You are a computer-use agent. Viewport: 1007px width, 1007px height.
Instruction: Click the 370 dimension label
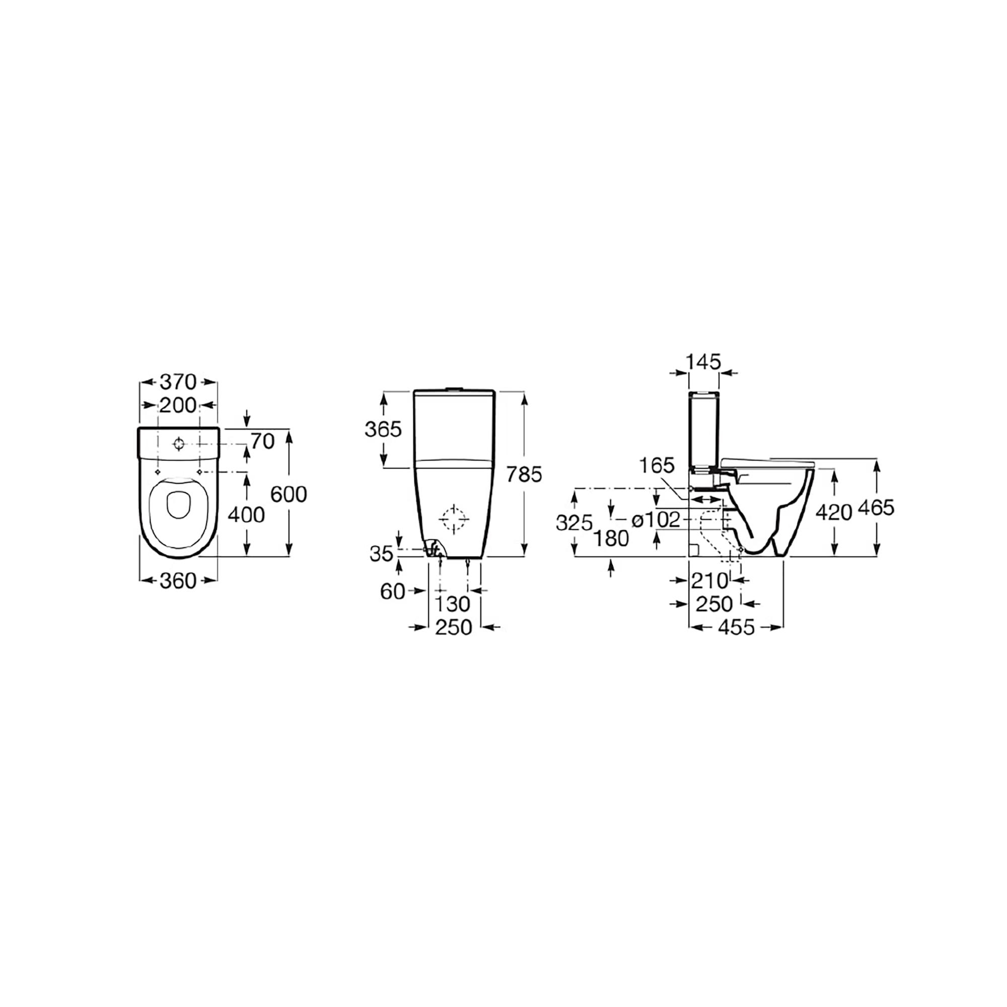pyautogui.click(x=178, y=382)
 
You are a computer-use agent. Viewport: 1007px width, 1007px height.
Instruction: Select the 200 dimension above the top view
pyautogui.click(x=178, y=405)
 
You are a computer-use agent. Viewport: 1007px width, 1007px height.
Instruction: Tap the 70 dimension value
pyautogui.click(x=263, y=442)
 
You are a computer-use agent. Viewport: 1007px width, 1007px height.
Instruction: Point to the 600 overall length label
pyautogui.click(x=289, y=494)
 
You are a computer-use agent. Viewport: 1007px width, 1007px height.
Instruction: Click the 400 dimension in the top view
pyautogui.click(x=247, y=515)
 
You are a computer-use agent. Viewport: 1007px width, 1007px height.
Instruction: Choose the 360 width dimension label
pyautogui.click(x=178, y=581)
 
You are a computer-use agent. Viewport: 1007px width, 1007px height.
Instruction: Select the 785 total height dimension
pyautogui.click(x=524, y=474)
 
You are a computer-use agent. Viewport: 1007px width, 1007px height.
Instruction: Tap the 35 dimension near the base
pyautogui.click(x=382, y=553)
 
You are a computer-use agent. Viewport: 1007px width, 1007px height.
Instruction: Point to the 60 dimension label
pyautogui.click(x=393, y=591)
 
